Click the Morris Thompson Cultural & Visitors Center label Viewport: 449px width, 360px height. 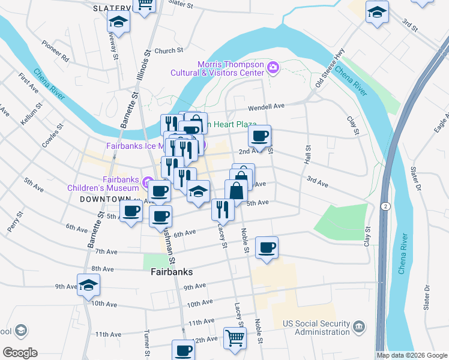click(231, 69)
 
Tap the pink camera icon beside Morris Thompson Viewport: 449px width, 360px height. click(274, 67)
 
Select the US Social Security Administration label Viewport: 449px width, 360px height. click(317, 328)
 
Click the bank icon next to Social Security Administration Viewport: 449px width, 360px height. click(359, 327)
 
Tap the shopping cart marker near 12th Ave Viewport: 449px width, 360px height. click(235, 337)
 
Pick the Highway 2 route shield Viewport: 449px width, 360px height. click(384, 206)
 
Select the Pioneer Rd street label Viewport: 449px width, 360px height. click(56, 52)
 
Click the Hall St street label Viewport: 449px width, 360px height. click(309, 158)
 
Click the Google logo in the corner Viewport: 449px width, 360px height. click(20, 353)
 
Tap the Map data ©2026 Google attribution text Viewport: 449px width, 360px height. click(412, 355)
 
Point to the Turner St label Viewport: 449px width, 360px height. click(146, 343)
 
